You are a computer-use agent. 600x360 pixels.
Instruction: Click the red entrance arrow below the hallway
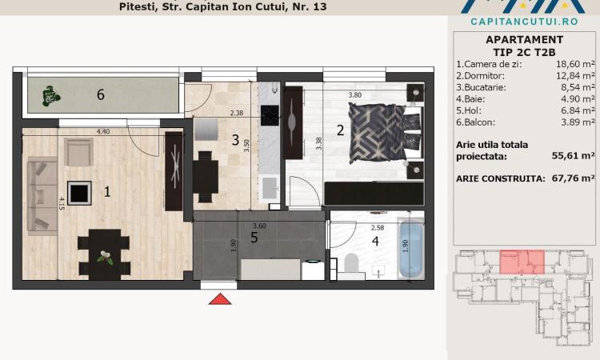click(x=220, y=299)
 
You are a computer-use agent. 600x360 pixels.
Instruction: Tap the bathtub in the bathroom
click(x=410, y=249)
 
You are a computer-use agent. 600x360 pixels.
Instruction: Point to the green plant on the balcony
click(x=50, y=96)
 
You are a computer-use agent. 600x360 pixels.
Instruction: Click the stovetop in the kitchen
click(x=270, y=115)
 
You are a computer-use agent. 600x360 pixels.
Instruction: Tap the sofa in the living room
click(x=42, y=195)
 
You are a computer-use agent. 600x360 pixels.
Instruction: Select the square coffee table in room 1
click(x=79, y=193)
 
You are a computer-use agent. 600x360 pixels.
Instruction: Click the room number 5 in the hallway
click(x=254, y=238)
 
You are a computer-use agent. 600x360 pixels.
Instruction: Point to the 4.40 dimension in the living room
click(x=103, y=132)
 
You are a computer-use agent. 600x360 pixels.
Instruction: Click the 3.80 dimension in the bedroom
click(x=354, y=95)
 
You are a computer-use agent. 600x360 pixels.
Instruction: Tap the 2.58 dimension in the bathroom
click(x=378, y=228)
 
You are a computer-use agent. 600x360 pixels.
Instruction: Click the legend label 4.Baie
click(x=470, y=99)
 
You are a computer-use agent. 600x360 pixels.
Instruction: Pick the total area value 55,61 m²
click(x=574, y=156)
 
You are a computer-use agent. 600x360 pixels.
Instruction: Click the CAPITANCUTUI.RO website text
click(x=524, y=22)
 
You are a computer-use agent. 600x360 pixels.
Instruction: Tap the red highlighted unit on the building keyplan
click(x=522, y=262)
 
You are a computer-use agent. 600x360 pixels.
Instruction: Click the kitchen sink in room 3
click(x=270, y=188)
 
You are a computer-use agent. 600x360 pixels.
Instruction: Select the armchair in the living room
click(x=78, y=152)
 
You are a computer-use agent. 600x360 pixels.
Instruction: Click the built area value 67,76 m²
click(x=574, y=178)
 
